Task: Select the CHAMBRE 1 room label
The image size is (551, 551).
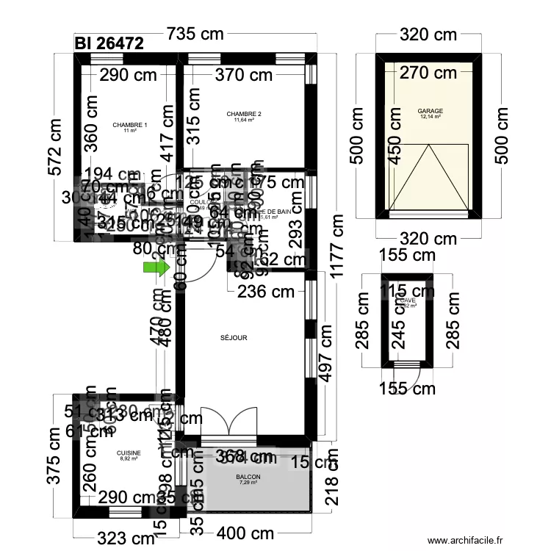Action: click(130, 126)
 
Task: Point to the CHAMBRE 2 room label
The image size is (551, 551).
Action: click(244, 115)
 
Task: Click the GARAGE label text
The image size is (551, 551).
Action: click(431, 112)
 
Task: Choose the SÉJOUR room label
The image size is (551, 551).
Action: click(234, 338)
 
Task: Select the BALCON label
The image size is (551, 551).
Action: click(248, 477)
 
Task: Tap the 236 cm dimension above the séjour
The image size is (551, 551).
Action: click(266, 292)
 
